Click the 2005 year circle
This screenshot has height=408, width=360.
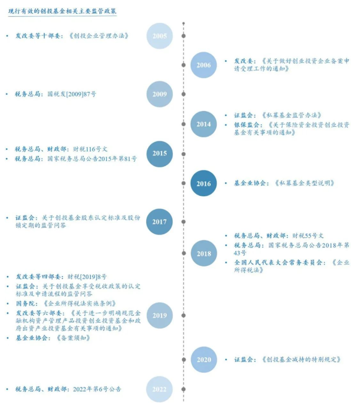tap(160, 36)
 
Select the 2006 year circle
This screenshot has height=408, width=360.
tap(204, 65)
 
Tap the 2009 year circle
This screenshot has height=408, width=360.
tap(160, 94)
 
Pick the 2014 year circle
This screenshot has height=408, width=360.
tap(204, 124)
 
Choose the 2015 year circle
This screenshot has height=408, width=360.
tap(160, 154)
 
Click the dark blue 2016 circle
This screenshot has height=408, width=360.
tap(204, 183)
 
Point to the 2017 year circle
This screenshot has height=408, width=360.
tap(160, 222)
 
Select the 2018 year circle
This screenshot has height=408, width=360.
tap(204, 253)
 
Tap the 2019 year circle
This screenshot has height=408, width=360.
tap(160, 315)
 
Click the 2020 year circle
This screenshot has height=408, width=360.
tap(204, 359)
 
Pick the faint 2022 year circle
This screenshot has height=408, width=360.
tap(160, 389)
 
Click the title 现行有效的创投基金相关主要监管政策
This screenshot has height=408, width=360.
tap(62, 11)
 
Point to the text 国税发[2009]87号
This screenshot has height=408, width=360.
tap(72, 94)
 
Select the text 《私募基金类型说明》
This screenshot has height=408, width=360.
tap(305, 183)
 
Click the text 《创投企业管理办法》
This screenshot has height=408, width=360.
tap(99, 36)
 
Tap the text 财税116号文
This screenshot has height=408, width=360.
tap(90, 149)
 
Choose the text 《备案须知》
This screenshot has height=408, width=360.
tap(74, 338)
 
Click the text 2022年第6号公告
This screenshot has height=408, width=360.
tap(97, 389)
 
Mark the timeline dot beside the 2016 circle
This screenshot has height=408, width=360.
tap(184, 183)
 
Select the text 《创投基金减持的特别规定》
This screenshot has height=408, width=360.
tap(301, 359)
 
